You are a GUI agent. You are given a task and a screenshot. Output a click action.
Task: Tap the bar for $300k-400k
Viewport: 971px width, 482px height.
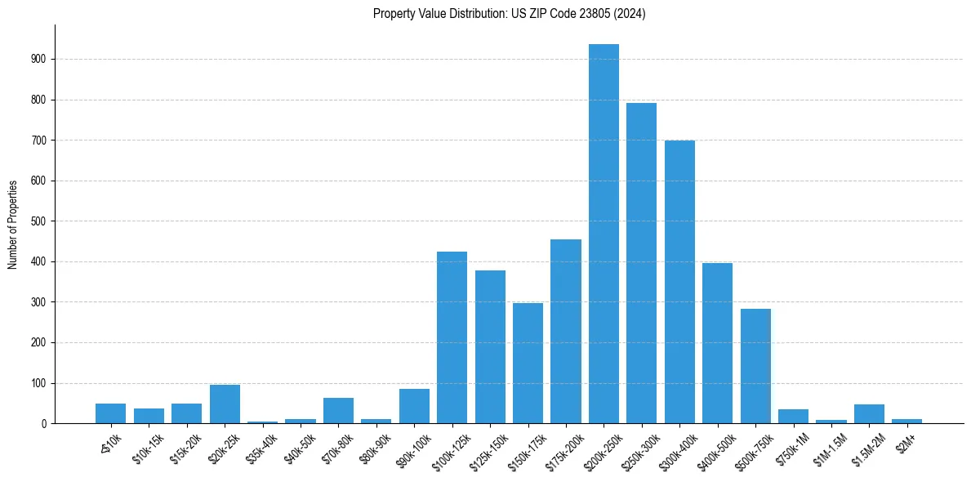pyautogui.click(x=679, y=282)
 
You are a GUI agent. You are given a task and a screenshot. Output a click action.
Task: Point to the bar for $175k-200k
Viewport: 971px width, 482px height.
pyautogui.click(x=566, y=331)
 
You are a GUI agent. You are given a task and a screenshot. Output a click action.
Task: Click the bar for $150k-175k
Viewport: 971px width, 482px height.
pyautogui.click(x=528, y=364)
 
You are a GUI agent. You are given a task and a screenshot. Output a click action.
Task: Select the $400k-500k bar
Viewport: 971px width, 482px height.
pyautogui.click(x=717, y=343)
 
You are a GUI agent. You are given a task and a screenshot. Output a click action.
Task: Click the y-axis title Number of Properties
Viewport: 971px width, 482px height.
pyautogui.click(x=12, y=225)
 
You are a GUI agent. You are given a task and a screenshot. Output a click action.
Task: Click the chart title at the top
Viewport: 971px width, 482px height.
pyautogui.click(x=509, y=14)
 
